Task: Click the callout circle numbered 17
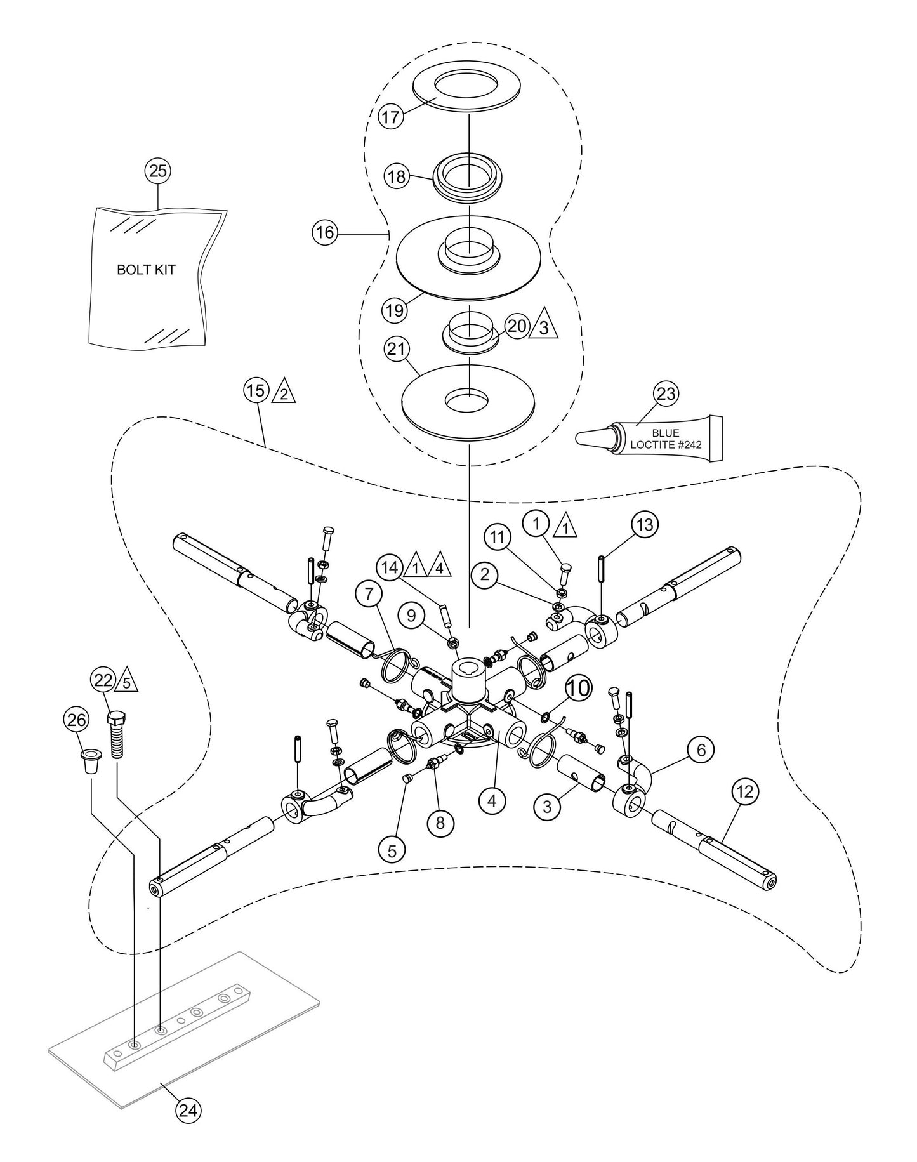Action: click(392, 117)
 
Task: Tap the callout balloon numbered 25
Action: click(158, 171)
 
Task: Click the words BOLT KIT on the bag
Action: click(146, 270)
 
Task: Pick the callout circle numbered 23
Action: click(666, 394)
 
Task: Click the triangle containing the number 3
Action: click(544, 327)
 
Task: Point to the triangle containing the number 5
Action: click(126, 682)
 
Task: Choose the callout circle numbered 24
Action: click(189, 1127)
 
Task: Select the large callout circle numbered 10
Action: click(577, 689)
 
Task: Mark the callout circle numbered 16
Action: click(324, 233)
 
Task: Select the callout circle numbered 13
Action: click(644, 525)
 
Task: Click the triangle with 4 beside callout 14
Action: click(439, 566)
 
